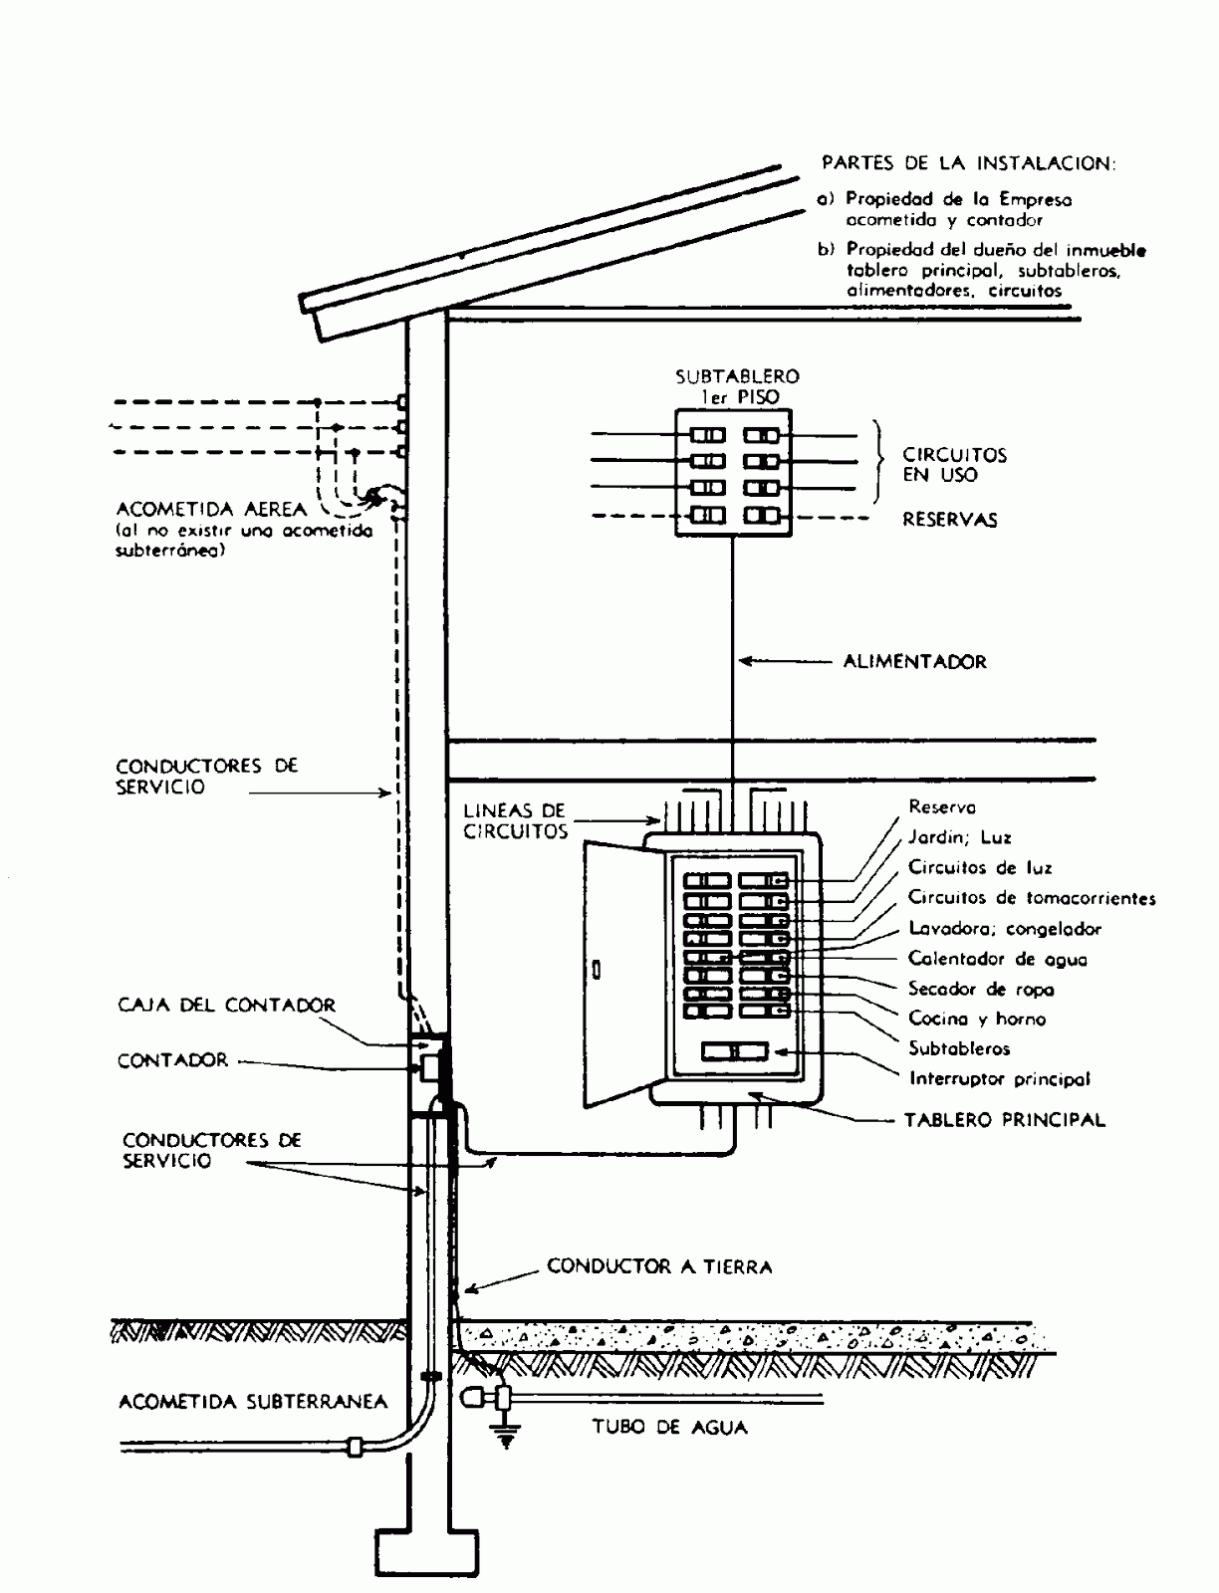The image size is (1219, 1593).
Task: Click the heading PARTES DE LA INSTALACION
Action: [967, 162]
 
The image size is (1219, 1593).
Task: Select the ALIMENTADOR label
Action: [914, 661]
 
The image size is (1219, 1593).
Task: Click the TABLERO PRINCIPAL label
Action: [1004, 1119]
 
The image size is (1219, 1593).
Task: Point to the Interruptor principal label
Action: [999, 1078]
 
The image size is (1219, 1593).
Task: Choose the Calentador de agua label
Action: [997, 959]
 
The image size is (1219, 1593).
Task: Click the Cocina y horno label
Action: [976, 1019]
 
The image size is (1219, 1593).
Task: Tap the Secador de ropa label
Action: [980, 989]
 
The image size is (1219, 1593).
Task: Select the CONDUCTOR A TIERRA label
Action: [659, 1266]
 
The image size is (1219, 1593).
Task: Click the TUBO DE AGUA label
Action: [669, 1427]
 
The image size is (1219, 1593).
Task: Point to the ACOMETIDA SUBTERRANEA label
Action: [253, 1402]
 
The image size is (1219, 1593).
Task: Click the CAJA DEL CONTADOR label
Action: [226, 1005]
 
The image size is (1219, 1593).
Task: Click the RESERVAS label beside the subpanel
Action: [949, 519]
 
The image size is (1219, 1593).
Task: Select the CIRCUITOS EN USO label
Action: [954, 465]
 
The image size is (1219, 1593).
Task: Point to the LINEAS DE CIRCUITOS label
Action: [515, 821]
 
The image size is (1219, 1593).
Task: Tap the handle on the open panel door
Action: [595, 969]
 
